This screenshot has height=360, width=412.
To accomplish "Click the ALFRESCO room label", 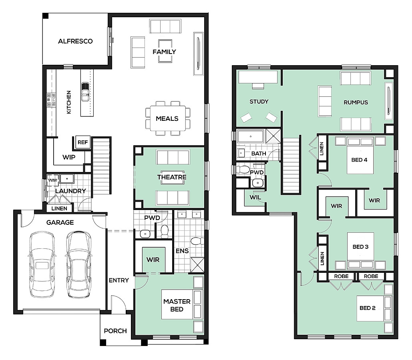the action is [x=75, y=41].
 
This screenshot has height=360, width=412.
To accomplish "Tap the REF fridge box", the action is [x=83, y=142].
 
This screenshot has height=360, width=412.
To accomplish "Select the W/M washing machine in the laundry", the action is [x=52, y=180].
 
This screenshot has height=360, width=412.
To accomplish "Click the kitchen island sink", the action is [x=85, y=92].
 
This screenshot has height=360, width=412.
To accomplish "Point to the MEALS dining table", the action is [x=168, y=118].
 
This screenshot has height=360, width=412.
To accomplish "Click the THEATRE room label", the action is [x=172, y=177].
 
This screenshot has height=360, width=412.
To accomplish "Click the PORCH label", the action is [x=115, y=331].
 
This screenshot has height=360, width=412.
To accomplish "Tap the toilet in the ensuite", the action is [x=197, y=241].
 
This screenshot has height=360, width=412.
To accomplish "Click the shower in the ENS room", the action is [x=197, y=264].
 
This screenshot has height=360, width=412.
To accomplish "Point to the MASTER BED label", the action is [x=177, y=305].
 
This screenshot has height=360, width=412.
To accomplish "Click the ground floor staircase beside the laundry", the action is [x=101, y=166].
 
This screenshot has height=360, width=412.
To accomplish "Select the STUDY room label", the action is [x=259, y=102].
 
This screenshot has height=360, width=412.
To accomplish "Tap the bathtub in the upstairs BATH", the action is [x=251, y=136].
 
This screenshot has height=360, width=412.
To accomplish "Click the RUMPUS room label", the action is [x=356, y=102].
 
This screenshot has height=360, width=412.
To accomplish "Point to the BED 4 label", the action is [x=359, y=160].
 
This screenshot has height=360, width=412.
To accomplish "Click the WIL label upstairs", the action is [x=255, y=198].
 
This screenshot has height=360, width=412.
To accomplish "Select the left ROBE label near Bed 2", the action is [x=341, y=276].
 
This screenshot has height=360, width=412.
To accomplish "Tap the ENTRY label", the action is [x=119, y=280].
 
